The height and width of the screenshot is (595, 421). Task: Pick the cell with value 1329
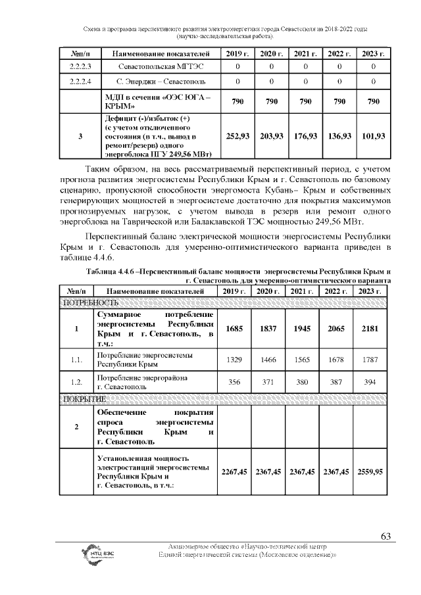[x=236, y=360]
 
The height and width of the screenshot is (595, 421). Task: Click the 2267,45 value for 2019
[x=236, y=471]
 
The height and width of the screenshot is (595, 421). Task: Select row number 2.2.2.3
[x=80, y=67]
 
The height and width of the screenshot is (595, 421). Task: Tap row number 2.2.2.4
[x=80, y=82]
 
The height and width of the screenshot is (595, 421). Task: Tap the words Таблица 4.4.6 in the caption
[x=110, y=272]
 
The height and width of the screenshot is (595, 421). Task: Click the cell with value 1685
[x=236, y=329]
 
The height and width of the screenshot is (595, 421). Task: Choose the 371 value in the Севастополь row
[x=270, y=382]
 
